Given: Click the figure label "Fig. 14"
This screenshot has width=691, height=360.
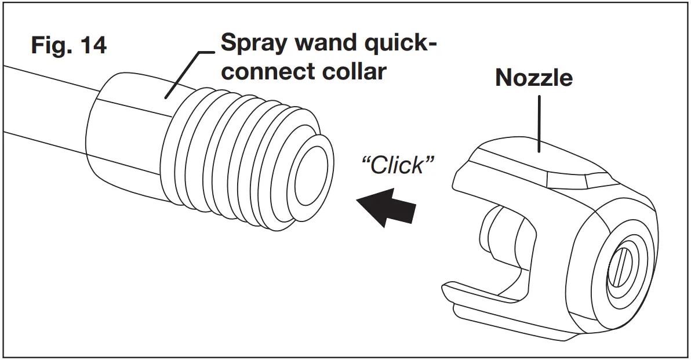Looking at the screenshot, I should tap(68, 45).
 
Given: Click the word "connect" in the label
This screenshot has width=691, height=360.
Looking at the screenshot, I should tap(264, 71).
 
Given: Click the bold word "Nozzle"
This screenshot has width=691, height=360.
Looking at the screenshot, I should tap(533, 78).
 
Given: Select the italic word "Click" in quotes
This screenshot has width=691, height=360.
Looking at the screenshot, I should tap(397, 165).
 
